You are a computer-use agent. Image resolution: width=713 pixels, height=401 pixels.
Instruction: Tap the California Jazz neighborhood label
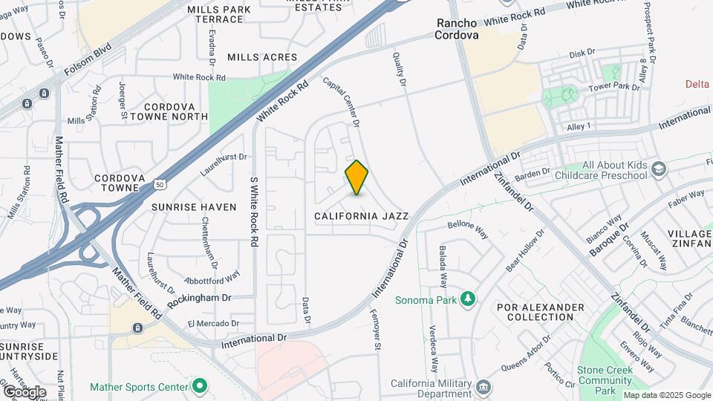click(361, 216)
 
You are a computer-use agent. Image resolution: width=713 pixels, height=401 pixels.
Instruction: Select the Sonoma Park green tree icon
click(468, 299)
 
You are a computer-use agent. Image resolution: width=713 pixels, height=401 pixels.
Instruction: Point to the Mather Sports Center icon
click(199, 386)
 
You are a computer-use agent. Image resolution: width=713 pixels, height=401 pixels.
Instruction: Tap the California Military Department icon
click(484, 387)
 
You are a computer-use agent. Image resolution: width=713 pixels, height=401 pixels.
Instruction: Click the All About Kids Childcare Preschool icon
click(658, 170)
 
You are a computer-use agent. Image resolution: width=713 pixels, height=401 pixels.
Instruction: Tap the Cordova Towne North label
click(165, 111)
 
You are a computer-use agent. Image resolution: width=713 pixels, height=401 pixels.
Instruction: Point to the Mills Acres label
click(262, 57)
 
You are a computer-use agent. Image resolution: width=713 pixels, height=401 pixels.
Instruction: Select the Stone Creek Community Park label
click(605, 380)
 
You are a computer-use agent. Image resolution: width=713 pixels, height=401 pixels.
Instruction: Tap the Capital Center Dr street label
click(342, 101)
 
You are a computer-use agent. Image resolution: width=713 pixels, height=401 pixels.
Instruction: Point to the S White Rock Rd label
click(254, 211)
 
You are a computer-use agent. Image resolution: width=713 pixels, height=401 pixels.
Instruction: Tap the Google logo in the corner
click(25, 391)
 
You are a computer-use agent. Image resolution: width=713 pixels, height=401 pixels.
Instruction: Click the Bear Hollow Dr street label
click(525, 249)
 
